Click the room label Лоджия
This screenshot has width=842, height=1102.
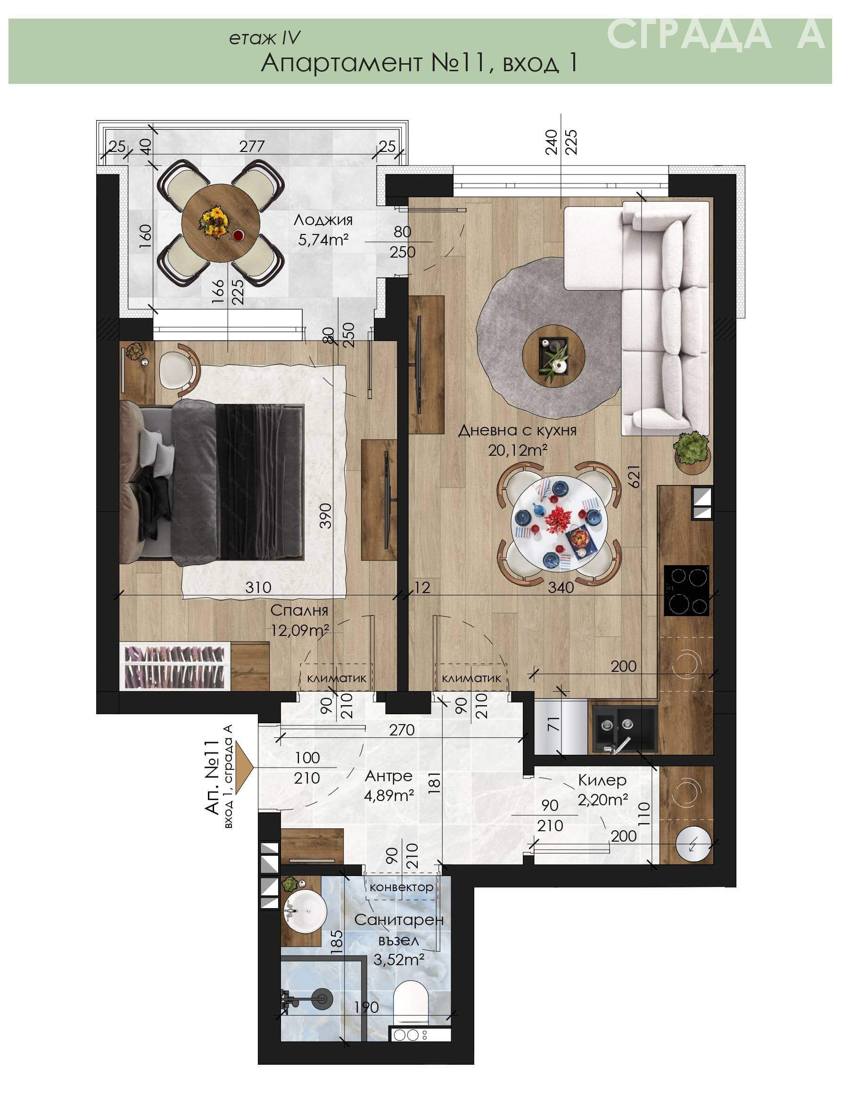tap(323, 220)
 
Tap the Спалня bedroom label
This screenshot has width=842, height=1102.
tap(299, 610)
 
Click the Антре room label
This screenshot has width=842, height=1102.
tap(389, 776)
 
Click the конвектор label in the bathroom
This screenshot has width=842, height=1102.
tap(402, 887)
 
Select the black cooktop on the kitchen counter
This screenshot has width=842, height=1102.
tap(686, 591)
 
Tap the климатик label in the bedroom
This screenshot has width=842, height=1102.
tap(337, 679)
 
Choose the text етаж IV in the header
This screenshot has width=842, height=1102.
tap(264, 38)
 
